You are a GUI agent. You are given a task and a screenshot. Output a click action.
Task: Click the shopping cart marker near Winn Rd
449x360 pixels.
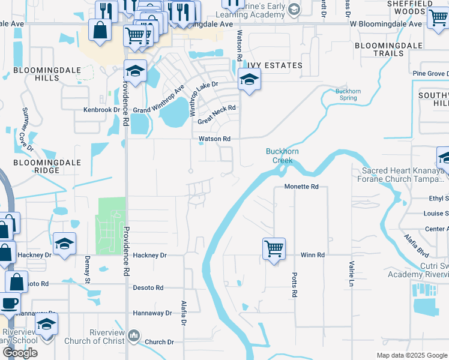point(274,248)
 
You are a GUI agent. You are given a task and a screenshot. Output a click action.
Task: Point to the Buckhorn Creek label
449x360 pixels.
point(279,156)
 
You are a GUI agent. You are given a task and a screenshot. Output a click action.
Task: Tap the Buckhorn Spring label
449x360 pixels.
point(348,94)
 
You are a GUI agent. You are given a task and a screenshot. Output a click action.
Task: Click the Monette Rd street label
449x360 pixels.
point(301,187)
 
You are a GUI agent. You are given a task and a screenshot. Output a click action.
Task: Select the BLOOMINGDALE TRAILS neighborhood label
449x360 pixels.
point(379,49)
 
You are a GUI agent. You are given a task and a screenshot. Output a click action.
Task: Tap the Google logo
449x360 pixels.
point(20,353)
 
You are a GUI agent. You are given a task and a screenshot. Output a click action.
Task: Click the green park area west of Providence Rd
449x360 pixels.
point(111,225)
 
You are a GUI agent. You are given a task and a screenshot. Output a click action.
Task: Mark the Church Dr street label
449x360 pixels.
point(159,342)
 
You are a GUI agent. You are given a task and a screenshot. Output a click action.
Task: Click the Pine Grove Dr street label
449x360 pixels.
point(429,74)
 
